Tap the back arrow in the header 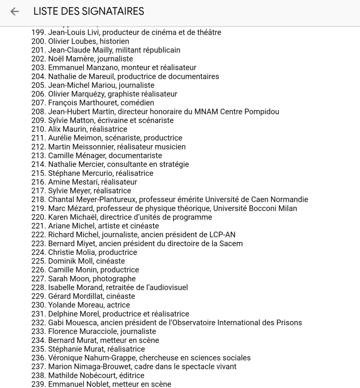(x=14, y=11)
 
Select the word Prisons (x=289, y=323)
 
